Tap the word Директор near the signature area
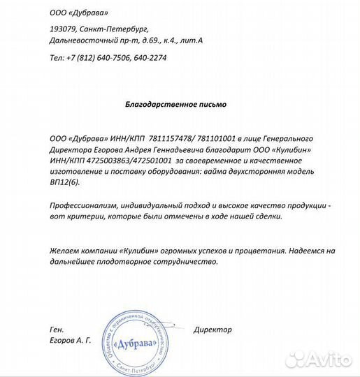(213, 329)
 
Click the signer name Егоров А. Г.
(71, 340)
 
